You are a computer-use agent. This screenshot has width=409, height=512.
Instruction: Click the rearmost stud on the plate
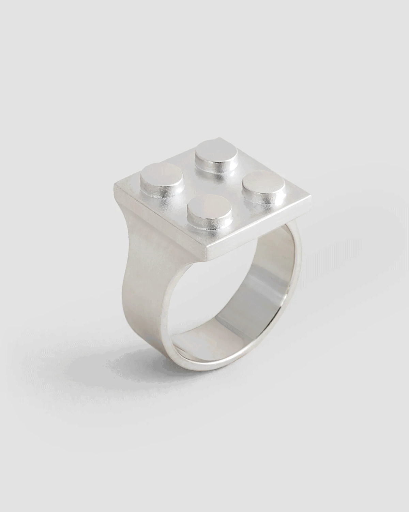212,151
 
